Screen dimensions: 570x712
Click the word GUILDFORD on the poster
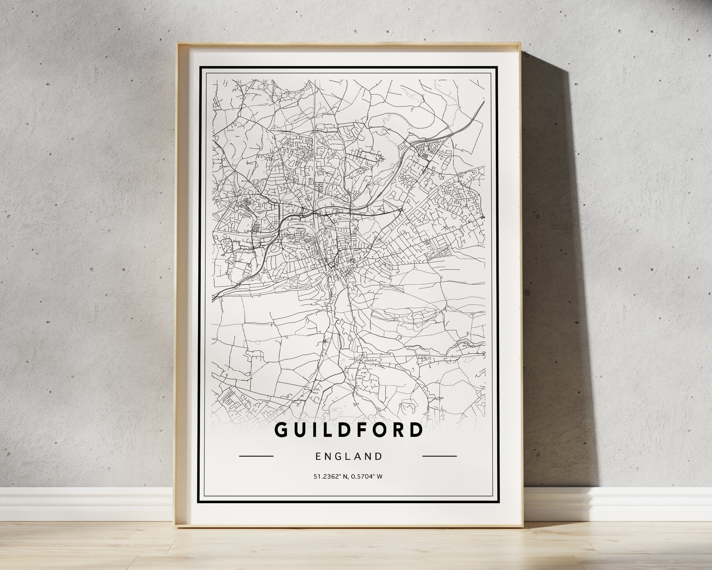point(348,430)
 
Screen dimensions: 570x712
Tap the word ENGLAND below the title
point(349,457)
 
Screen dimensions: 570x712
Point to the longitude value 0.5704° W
point(366,476)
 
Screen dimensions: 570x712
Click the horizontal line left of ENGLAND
point(256,456)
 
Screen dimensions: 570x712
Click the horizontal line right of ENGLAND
point(439,456)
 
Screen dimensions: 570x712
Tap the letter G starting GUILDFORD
point(281,430)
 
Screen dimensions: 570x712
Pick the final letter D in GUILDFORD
point(416,430)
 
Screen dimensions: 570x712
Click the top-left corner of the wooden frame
point(178,44)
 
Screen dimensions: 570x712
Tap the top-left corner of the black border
point(200,67)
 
